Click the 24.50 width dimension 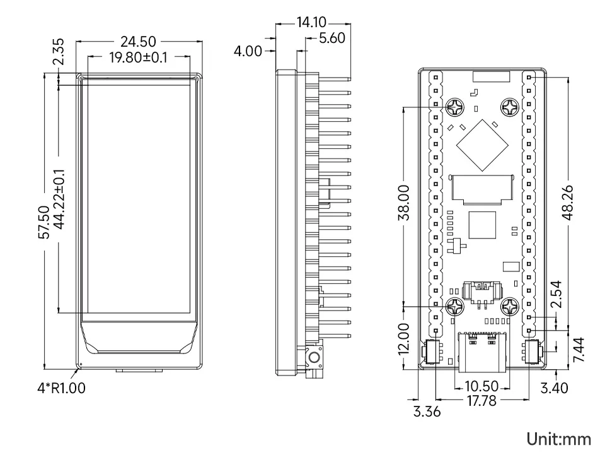139,42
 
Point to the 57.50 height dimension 44,222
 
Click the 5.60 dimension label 331,38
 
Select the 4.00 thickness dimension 248,50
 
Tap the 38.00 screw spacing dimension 405,203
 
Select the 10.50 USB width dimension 481,386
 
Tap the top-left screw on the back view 454,107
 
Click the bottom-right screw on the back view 510,307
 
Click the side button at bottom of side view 314,358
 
